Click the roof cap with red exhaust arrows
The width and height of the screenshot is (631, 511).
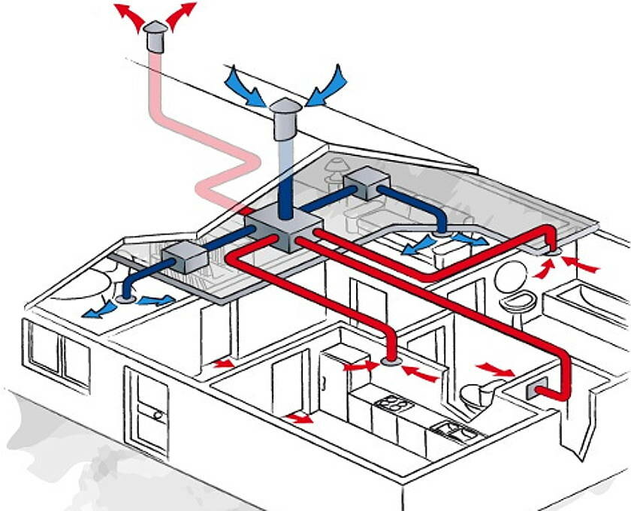[157, 35]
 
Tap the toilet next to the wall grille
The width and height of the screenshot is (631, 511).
[475, 397]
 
